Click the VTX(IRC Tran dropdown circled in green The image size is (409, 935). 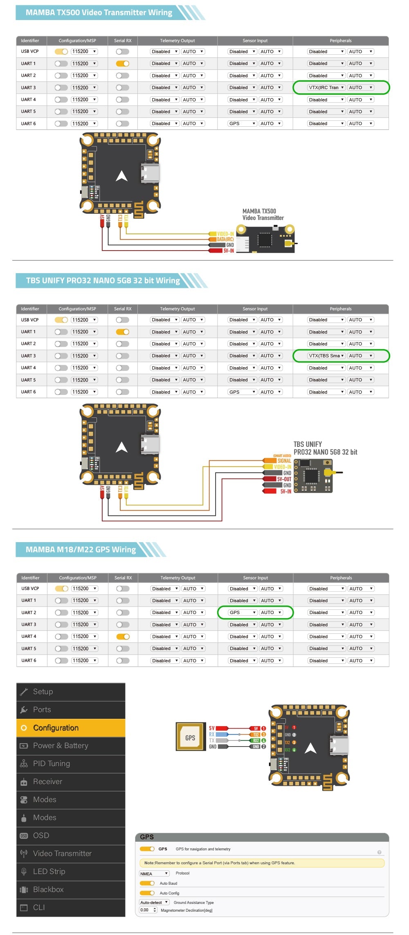click(326, 87)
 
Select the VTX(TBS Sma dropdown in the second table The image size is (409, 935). click(326, 356)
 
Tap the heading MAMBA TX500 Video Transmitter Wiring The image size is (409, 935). click(99, 13)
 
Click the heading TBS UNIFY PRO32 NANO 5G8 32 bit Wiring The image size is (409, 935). click(103, 280)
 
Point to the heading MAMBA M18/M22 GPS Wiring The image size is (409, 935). click(81, 549)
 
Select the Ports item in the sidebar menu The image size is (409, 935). click(42, 710)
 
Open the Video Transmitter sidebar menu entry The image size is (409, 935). click(62, 854)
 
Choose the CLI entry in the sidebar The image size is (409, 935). click(39, 908)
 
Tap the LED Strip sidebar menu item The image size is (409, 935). click(49, 872)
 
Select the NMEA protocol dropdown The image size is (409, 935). click(154, 873)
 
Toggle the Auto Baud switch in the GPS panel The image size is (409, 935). click(147, 883)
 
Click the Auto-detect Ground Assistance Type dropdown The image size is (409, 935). click(154, 902)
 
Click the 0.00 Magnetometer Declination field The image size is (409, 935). click(148, 910)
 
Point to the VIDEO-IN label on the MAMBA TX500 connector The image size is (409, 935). click(225, 234)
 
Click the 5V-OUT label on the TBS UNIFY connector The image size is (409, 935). click(284, 479)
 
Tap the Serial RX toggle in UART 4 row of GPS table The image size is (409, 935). click(123, 637)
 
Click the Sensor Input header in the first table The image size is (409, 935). click(255, 40)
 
